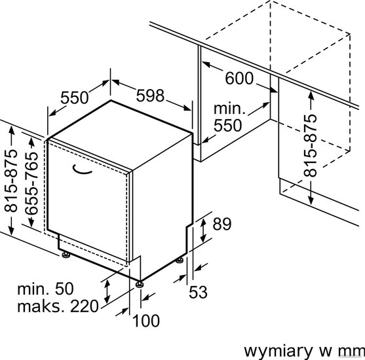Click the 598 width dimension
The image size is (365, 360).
[x=150, y=96]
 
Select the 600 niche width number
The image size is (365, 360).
[x=239, y=78]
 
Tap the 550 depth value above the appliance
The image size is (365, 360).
[x=75, y=98]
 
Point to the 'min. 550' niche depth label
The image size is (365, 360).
[x=229, y=117]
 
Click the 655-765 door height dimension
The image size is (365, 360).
[x=31, y=183]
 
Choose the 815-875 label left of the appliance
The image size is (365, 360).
[x=11, y=181]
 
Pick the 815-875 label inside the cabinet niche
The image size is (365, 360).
[x=311, y=145]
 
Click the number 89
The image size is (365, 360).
[x=222, y=224]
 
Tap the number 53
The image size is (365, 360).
[x=198, y=293]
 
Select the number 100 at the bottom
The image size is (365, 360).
[x=146, y=321]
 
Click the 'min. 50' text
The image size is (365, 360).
[x=45, y=289]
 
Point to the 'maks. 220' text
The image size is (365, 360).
[x=58, y=306]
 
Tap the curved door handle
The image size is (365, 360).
[x=81, y=170]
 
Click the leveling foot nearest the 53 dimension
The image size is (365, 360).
[x=180, y=261]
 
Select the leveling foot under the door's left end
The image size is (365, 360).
[x=66, y=255]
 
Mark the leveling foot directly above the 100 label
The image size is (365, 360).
[x=140, y=284]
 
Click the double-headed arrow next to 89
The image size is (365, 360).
[x=203, y=230]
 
